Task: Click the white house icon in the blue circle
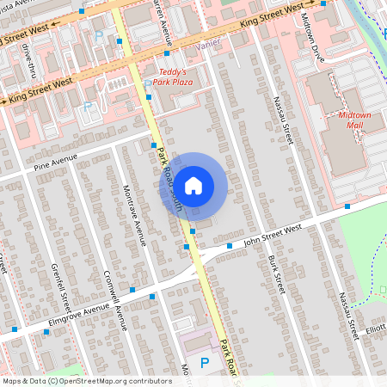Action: (193, 185)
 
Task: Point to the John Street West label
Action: (273, 231)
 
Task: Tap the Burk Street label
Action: (275, 272)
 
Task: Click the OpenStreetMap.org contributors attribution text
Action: (111, 380)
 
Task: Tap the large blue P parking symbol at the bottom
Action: (204, 364)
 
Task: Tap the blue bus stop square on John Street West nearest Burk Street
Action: (230, 246)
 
